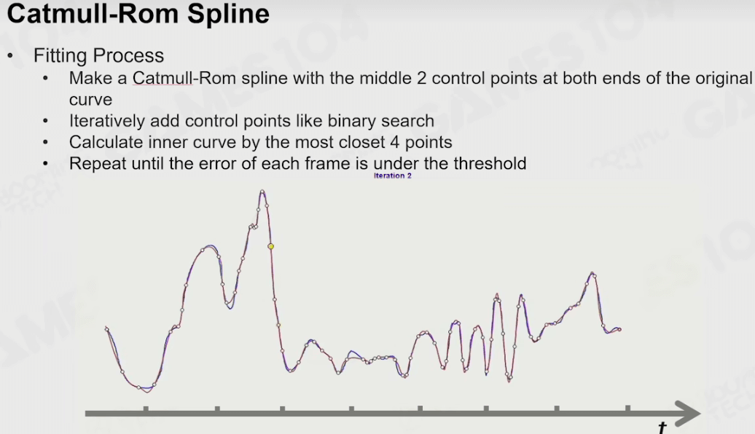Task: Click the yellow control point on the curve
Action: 270,246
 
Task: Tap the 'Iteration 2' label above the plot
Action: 392,175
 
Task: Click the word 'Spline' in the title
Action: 228,14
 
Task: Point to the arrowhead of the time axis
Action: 688,414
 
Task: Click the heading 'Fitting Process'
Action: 98,55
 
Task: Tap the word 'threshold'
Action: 490,163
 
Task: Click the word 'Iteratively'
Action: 107,121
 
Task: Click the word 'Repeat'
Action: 98,164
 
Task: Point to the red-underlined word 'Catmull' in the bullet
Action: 163,78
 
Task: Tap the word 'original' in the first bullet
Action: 724,78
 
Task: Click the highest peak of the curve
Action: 262,192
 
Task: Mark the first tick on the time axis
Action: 146,409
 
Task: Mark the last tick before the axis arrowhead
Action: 628,409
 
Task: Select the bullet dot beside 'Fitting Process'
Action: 10,56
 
